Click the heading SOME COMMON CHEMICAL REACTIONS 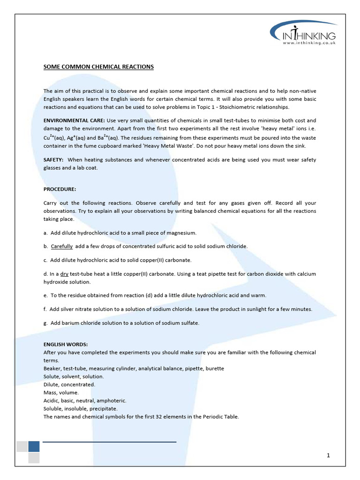pos(98,67)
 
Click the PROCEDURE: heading pos(60,189)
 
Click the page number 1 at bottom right pos(329,455)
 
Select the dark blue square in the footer pos(34,446)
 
